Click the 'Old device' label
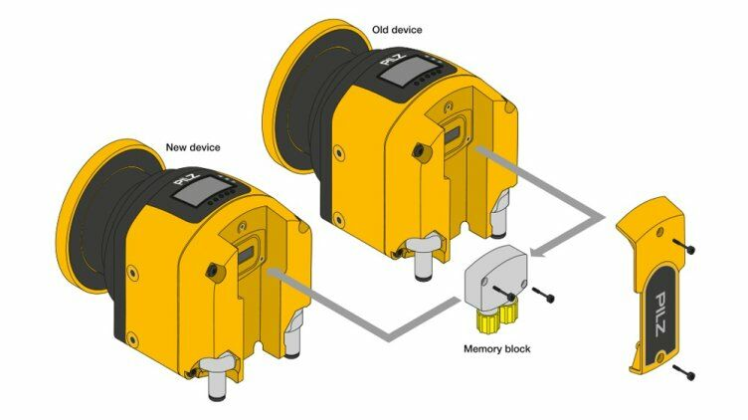tap(397, 30)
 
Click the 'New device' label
tap(193, 147)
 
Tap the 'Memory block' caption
tap(496, 349)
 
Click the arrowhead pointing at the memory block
tap(538, 251)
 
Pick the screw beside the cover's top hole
tap(683, 246)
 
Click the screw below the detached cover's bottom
tap(683, 372)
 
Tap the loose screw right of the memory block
tap(543, 294)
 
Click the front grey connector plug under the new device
tap(217, 377)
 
